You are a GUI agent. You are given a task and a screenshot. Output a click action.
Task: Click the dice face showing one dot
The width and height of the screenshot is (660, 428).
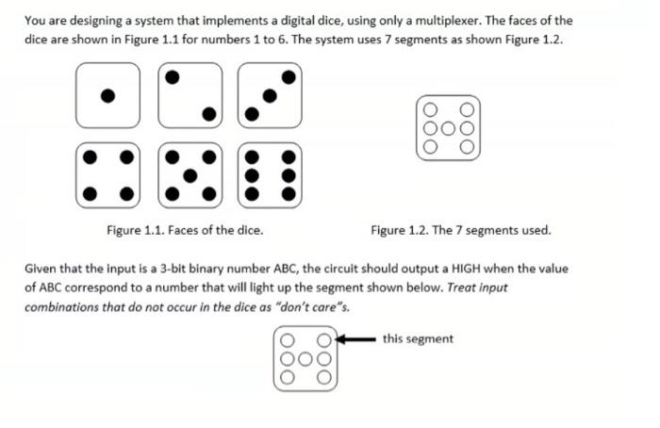108,95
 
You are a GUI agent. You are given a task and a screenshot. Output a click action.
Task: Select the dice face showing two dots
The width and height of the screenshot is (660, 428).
190,95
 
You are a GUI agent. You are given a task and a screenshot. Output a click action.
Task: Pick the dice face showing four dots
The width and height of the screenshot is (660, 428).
108,174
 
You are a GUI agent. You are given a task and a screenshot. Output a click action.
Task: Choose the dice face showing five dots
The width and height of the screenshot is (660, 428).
190,174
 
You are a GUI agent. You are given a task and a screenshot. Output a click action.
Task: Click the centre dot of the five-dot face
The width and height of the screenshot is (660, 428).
190,174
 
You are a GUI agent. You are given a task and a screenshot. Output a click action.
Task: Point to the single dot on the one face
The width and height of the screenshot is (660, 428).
108,95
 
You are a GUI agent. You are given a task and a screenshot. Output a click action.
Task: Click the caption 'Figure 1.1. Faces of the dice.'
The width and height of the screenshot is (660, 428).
185,230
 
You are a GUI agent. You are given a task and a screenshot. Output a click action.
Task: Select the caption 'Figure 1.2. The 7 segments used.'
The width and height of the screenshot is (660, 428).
460,230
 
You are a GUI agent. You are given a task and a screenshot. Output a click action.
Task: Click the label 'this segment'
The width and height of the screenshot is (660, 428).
418,338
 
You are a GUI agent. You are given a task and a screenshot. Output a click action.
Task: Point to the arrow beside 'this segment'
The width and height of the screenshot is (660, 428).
356,338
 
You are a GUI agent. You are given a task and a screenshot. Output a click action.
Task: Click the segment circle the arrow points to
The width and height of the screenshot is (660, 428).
323,339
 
